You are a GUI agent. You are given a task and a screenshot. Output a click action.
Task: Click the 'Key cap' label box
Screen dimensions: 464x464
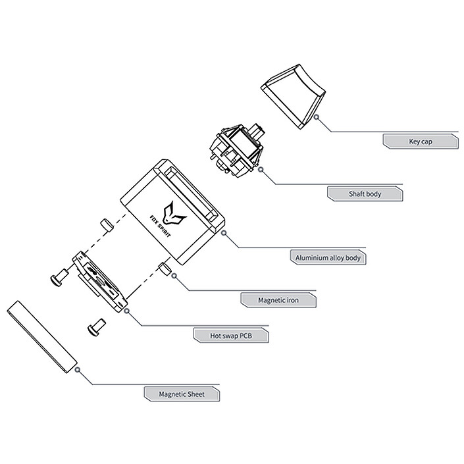click(x=420, y=141)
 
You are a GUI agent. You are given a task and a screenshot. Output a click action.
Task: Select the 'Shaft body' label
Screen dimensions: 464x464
click(x=365, y=194)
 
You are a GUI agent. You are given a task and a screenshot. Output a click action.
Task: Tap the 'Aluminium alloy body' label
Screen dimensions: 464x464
click(x=327, y=257)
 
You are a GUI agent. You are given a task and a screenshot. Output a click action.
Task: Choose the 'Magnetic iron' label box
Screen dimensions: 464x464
click(x=278, y=300)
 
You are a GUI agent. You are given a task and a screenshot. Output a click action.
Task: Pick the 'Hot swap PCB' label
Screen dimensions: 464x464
click(x=230, y=336)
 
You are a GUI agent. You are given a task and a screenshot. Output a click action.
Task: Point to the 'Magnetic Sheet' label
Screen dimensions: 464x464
click(x=182, y=394)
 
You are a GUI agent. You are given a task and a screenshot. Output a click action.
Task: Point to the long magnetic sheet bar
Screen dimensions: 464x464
click(x=41, y=338)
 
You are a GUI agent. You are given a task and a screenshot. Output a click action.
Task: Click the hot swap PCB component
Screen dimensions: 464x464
click(x=99, y=281)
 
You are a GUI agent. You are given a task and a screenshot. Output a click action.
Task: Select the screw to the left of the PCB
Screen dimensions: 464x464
click(x=59, y=276)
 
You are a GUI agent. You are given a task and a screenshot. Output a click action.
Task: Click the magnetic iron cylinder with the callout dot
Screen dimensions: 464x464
click(x=166, y=269)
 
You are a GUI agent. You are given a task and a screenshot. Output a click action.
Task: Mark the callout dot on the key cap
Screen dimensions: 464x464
click(x=317, y=117)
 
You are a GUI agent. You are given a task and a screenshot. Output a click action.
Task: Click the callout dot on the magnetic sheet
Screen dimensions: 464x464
click(x=78, y=370)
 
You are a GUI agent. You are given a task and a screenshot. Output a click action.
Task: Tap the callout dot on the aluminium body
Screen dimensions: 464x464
click(x=224, y=232)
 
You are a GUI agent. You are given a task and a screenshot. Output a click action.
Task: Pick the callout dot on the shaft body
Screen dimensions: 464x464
click(x=261, y=169)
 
